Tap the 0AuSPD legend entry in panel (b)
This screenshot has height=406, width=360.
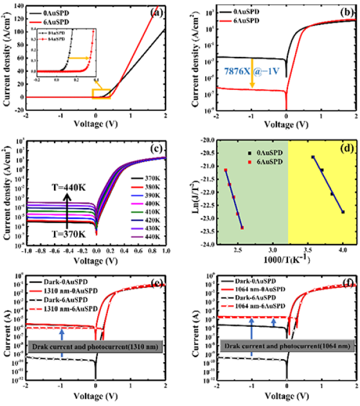242,11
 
